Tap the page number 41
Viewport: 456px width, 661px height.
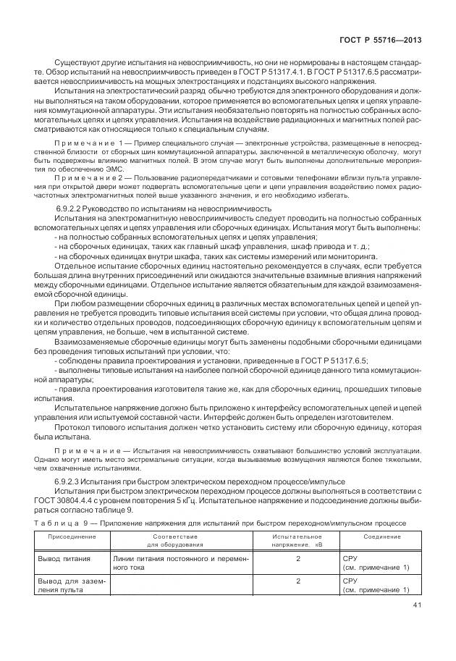pyautogui.click(x=415, y=605)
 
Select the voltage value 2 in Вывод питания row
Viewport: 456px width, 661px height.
pyautogui.click(x=298, y=559)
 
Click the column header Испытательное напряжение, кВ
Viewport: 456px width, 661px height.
pyautogui.click(x=297, y=541)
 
